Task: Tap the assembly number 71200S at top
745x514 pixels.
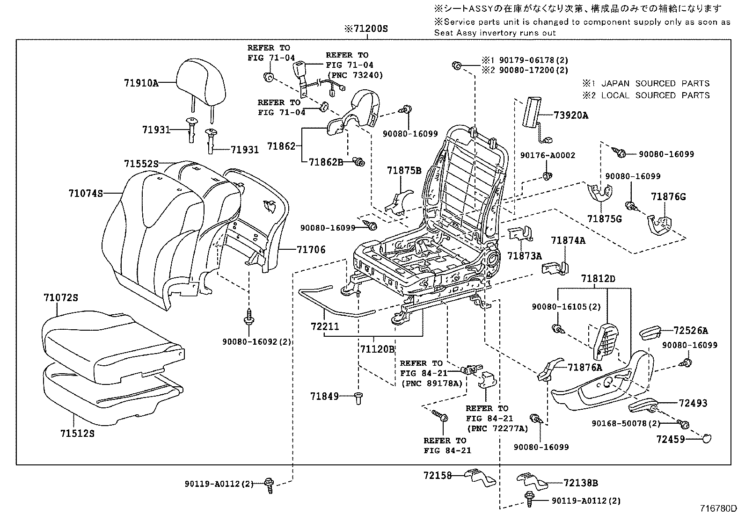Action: tap(366, 29)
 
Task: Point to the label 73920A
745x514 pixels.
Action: tap(571, 115)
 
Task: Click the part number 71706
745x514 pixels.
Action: tap(311, 250)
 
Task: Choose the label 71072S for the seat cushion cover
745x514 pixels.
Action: tap(61, 297)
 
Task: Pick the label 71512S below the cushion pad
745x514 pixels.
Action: tap(77, 434)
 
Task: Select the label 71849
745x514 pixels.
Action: tap(324, 397)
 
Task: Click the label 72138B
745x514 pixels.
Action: tap(581, 483)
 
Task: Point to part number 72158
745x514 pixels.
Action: tap(438, 476)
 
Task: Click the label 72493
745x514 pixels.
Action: tap(691, 403)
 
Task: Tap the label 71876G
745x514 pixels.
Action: tap(668, 197)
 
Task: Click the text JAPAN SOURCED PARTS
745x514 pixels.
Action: tap(655, 84)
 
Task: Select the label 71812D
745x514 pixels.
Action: tap(598, 279)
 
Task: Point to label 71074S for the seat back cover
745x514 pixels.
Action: tap(85, 193)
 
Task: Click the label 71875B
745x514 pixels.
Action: tap(404, 170)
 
